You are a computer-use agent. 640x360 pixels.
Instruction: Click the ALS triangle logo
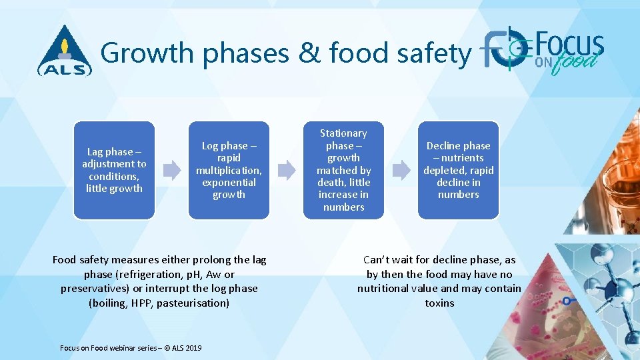(x=65, y=51)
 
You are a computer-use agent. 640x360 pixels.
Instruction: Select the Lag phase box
(x=114, y=170)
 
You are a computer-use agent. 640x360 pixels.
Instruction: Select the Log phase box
(x=229, y=170)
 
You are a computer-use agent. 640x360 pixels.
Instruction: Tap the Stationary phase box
(x=343, y=170)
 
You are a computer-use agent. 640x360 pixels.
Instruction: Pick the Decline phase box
(x=458, y=170)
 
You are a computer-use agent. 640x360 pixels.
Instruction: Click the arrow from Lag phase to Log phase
(x=172, y=170)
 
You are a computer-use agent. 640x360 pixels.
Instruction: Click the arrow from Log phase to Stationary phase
(x=287, y=170)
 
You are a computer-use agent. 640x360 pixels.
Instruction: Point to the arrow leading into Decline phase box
(x=401, y=170)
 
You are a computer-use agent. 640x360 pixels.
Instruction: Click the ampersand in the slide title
(x=310, y=53)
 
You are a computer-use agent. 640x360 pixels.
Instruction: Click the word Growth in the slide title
(x=147, y=53)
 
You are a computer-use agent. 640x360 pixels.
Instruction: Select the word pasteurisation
(x=193, y=303)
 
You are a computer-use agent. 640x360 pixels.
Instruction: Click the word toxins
(x=439, y=303)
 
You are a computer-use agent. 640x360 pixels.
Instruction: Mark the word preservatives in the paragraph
(x=93, y=289)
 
